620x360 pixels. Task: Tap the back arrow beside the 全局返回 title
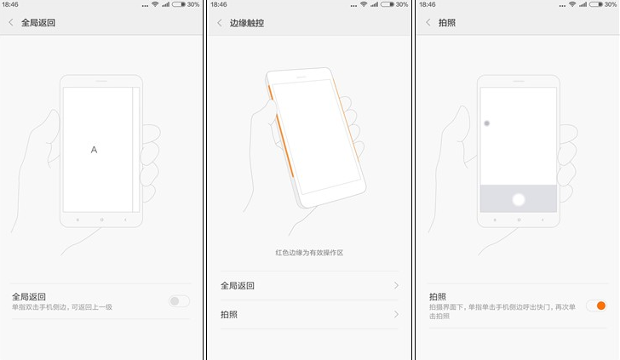11,23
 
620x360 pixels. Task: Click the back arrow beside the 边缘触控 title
220,23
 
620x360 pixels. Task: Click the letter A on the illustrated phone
94,150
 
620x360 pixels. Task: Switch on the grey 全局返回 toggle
179,300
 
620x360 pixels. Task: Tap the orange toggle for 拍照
595,306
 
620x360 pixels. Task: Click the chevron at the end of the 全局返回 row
396,286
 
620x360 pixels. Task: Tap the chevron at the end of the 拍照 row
396,315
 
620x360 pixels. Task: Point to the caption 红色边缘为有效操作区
308,253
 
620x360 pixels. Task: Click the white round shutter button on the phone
518,200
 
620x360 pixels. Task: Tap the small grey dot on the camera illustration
486,123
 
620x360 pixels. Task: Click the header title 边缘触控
247,23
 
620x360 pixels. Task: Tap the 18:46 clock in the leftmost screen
10,4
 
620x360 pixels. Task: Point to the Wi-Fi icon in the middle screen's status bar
363,4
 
